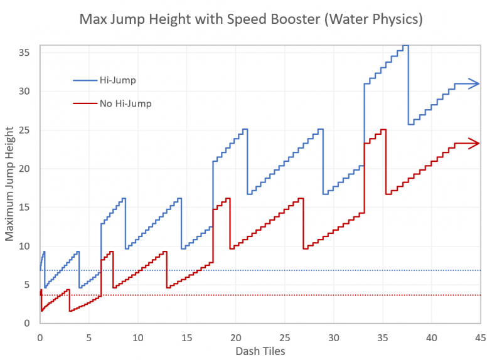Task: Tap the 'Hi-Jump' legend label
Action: click(x=117, y=80)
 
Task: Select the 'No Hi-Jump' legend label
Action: click(x=125, y=103)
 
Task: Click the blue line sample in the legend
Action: click(x=85, y=80)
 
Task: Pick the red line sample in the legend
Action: click(x=85, y=103)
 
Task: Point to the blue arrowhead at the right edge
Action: click(x=477, y=83)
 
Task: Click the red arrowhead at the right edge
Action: click(x=477, y=144)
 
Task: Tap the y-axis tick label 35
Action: click(x=26, y=53)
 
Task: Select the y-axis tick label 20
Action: click(x=26, y=169)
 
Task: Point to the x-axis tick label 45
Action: click(x=479, y=337)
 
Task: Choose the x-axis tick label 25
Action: click(x=284, y=337)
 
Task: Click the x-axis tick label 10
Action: click(x=137, y=337)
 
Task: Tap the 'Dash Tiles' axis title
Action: click(x=260, y=350)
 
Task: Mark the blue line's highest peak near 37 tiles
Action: click(x=405, y=46)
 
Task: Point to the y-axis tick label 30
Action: click(x=26, y=92)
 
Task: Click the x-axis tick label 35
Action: click(x=382, y=337)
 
